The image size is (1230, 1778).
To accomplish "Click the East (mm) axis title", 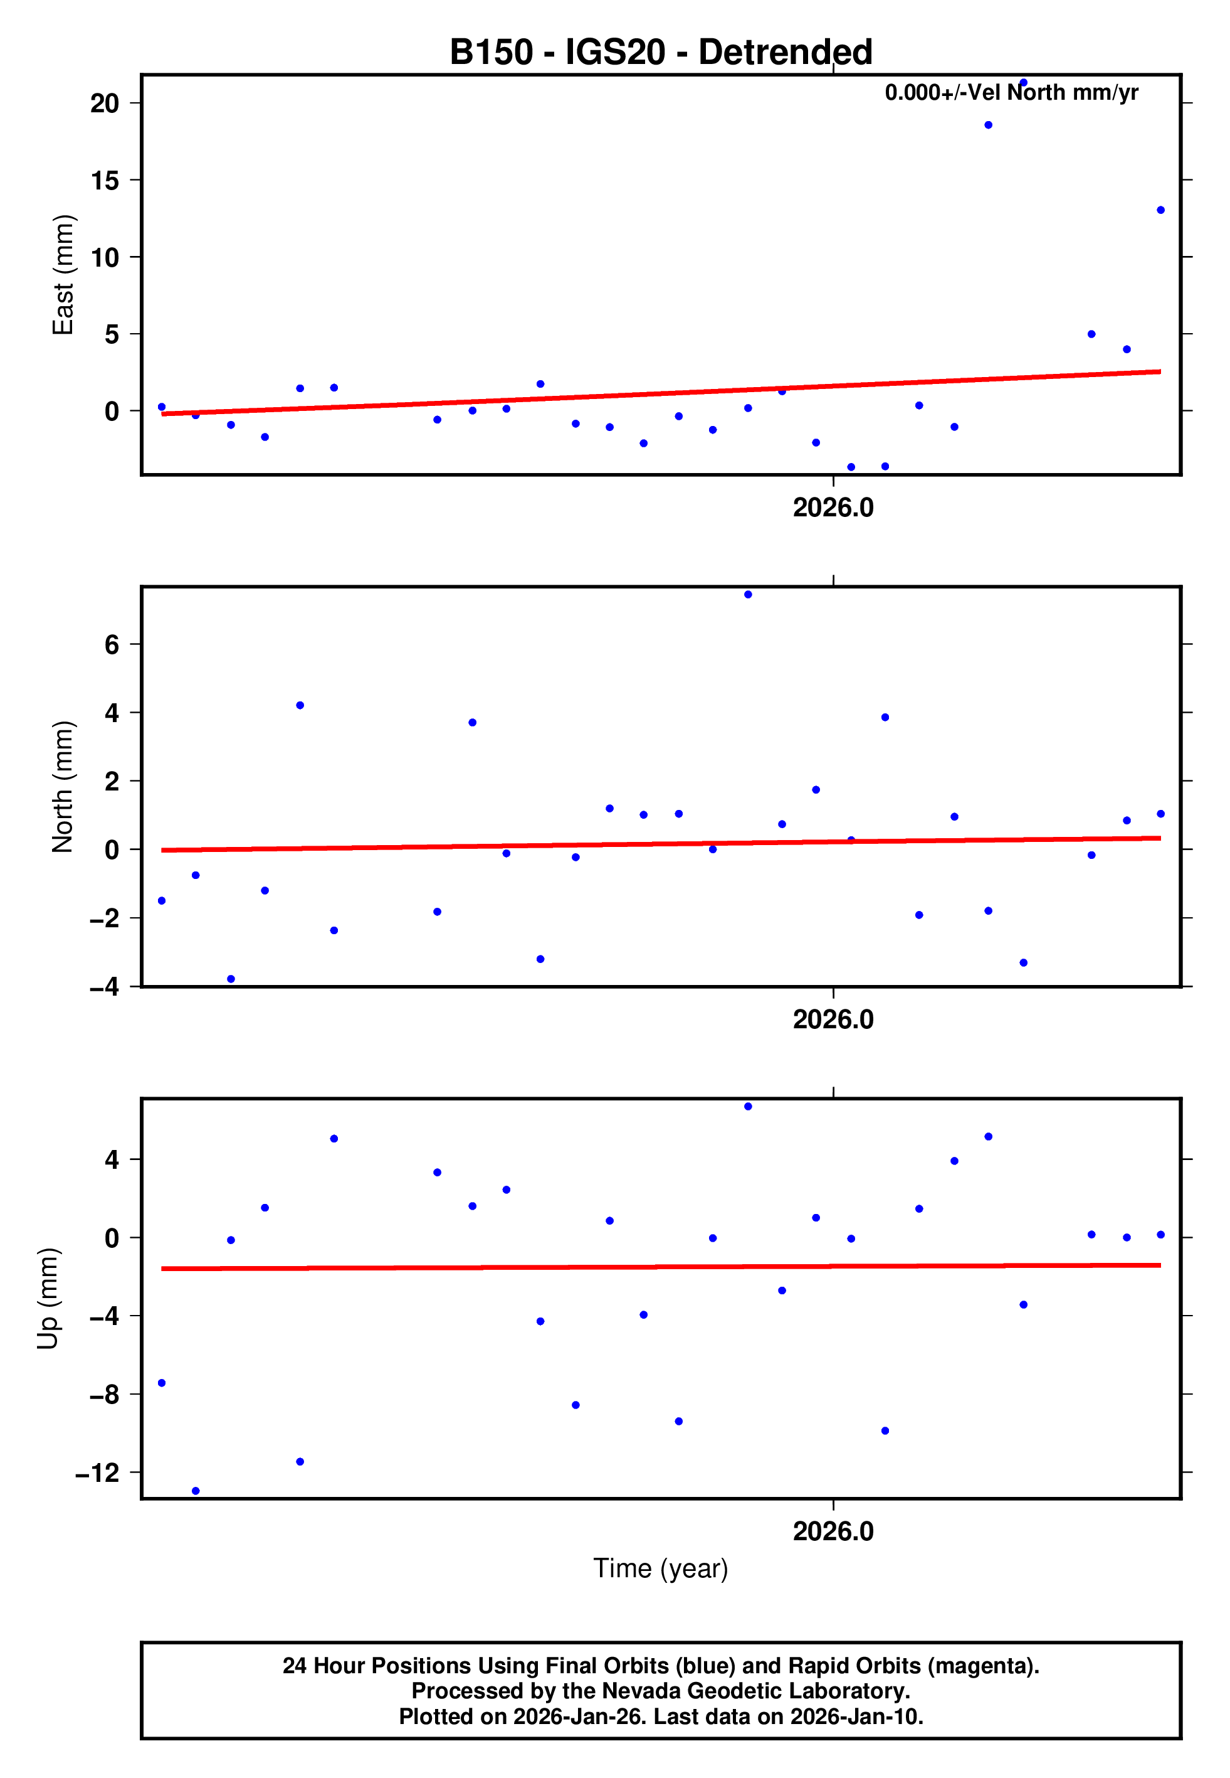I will [x=63, y=275].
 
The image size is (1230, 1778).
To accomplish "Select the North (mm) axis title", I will [x=63, y=787].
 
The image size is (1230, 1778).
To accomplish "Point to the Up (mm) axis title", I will [x=48, y=1299].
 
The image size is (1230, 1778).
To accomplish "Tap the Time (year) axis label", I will [x=661, y=1568].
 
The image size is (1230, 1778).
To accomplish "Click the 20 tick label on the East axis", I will [x=105, y=104].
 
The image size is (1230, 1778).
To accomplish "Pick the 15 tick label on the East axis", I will [x=105, y=181].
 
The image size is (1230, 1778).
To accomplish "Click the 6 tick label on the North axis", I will [x=112, y=644].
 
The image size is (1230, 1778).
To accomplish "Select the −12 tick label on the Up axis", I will [x=98, y=1472].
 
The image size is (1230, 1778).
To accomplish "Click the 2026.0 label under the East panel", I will [x=833, y=508].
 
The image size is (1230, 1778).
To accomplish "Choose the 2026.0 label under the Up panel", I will [x=833, y=1531].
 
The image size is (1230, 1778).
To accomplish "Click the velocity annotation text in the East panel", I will [x=1011, y=92].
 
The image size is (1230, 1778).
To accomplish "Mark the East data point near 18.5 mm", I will [x=988, y=125].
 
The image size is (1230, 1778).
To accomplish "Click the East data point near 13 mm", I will [x=1160, y=210].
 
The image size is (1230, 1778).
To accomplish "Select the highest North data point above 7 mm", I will [x=747, y=595].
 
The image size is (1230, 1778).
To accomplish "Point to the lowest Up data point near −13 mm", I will [x=196, y=1491].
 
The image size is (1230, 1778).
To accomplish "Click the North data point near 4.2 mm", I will [x=300, y=706].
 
